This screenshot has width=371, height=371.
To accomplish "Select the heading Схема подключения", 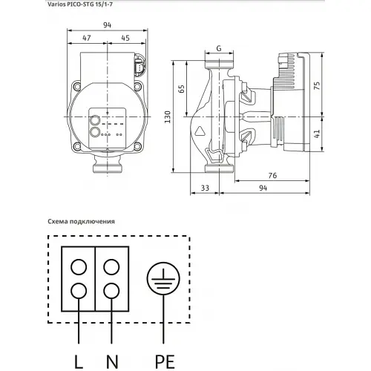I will tap(80, 220).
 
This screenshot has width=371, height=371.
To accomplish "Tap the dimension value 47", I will tap(87, 38).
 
